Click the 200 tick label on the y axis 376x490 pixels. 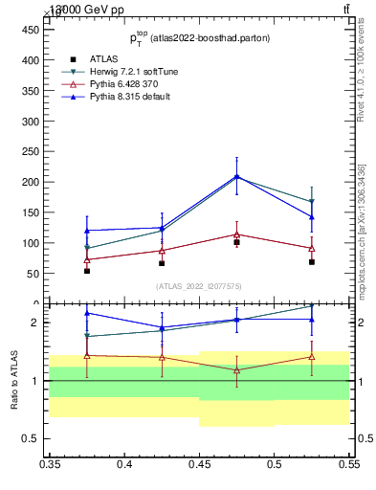[31, 182]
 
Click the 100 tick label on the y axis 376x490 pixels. [31, 243]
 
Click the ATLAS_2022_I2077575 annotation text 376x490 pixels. [199, 286]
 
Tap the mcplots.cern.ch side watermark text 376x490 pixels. [361, 230]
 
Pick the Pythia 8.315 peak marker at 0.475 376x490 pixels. [236, 176]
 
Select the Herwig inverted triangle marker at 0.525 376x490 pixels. [312, 202]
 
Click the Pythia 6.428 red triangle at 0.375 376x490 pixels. [87, 259]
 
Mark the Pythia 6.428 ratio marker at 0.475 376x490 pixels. [236, 369]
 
